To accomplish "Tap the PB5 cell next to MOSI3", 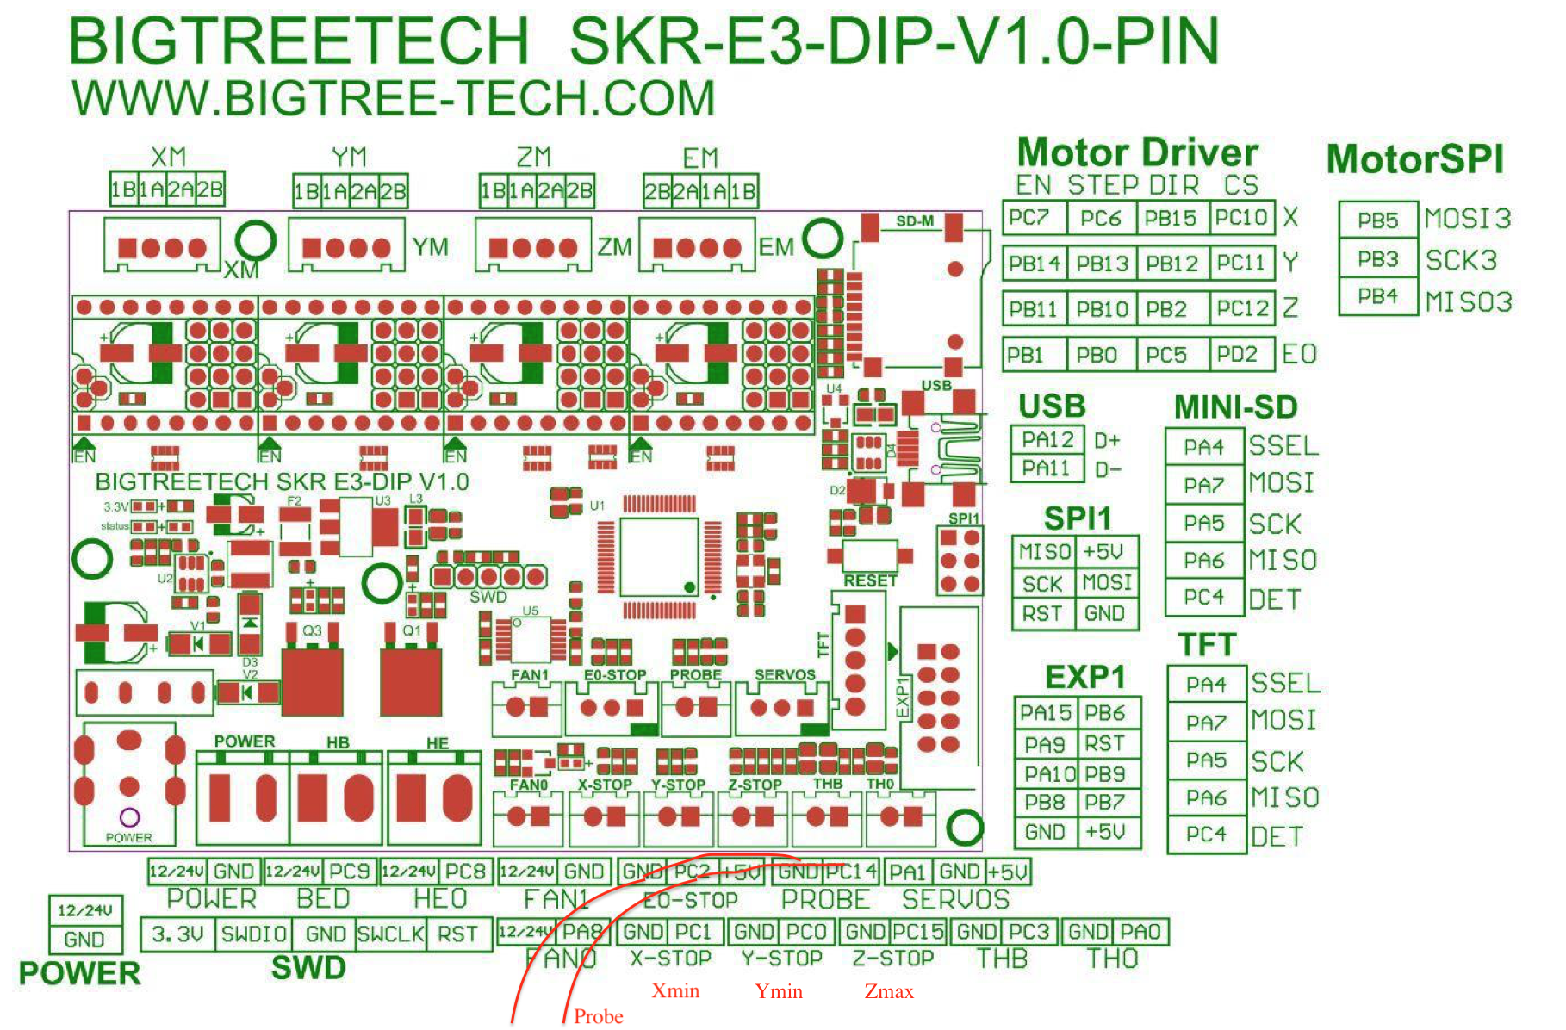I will tap(1377, 220).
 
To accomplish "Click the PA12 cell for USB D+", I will tap(1047, 440).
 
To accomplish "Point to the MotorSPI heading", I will tap(1414, 159).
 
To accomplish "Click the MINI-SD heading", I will tap(1234, 407).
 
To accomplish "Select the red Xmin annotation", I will tap(675, 990).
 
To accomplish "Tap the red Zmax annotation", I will tap(889, 991).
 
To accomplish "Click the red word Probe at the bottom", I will tap(599, 1016).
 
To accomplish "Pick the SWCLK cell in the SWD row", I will tap(391, 934).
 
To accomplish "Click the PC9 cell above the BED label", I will tap(349, 872).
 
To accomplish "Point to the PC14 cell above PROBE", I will tap(850, 872).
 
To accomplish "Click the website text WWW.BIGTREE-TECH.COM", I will tap(394, 97).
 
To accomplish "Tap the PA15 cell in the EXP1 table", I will tap(1046, 713).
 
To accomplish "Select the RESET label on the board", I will tap(870, 580).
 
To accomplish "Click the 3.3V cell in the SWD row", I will tap(177, 934).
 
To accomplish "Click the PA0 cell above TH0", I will tap(1140, 932).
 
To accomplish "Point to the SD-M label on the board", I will tap(915, 221).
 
